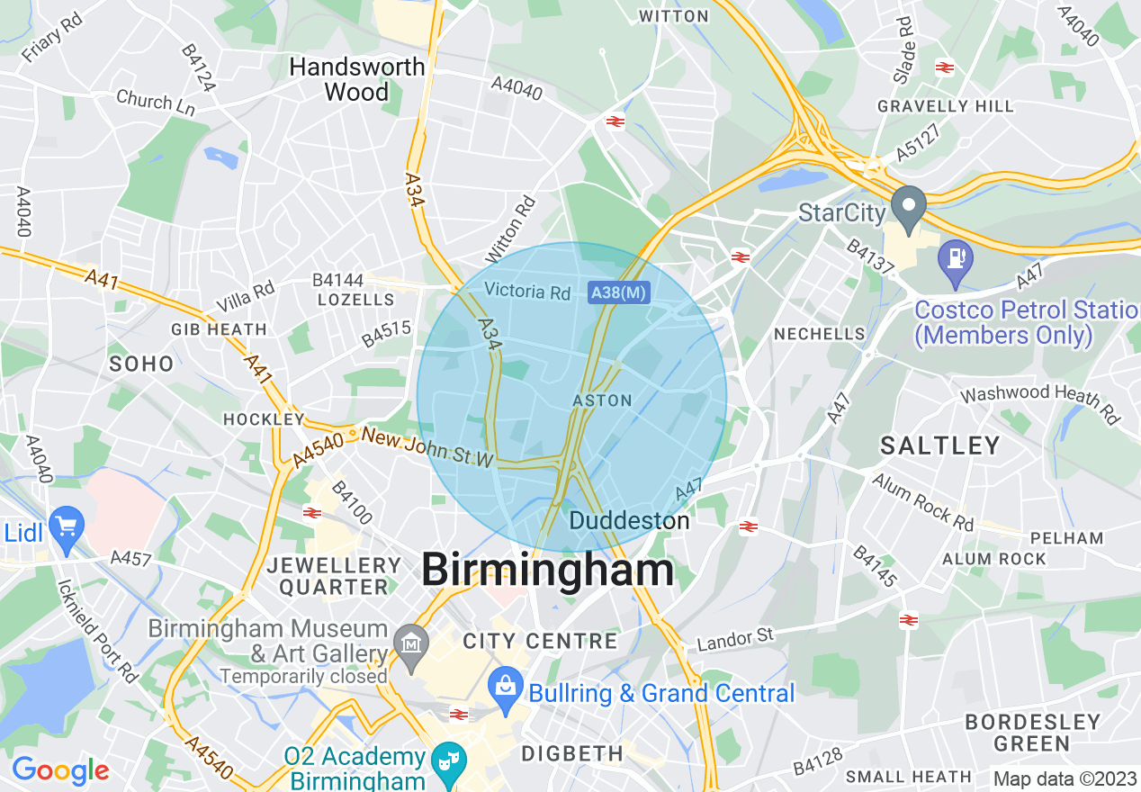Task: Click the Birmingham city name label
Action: point(547,570)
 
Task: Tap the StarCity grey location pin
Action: point(909,208)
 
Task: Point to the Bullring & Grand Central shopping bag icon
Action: point(506,687)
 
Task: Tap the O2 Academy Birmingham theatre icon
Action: point(445,761)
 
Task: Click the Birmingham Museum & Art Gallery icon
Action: point(411,644)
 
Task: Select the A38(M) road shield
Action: point(619,292)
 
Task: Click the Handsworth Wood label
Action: point(356,79)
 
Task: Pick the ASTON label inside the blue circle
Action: point(602,400)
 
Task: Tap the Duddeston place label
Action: point(630,520)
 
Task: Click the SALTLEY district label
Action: point(939,445)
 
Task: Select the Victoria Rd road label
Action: point(527,292)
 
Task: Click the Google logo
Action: point(60,770)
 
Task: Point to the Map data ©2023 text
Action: point(1065,778)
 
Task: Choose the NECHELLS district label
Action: point(819,334)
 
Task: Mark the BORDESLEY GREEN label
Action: point(1032,733)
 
